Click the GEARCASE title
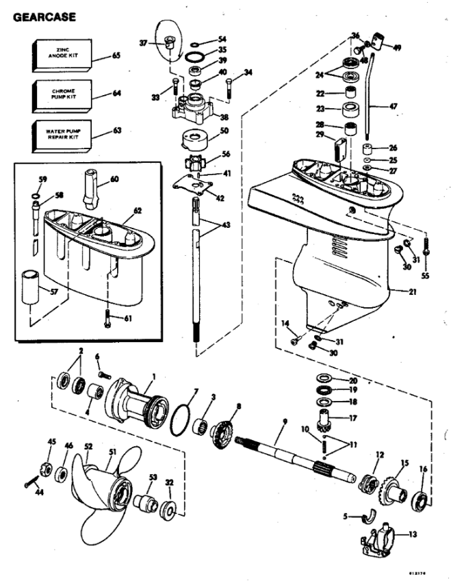[x=44, y=15]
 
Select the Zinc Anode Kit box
[x=61, y=55]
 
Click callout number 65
[x=116, y=55]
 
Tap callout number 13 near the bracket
[x=413, y=534]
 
